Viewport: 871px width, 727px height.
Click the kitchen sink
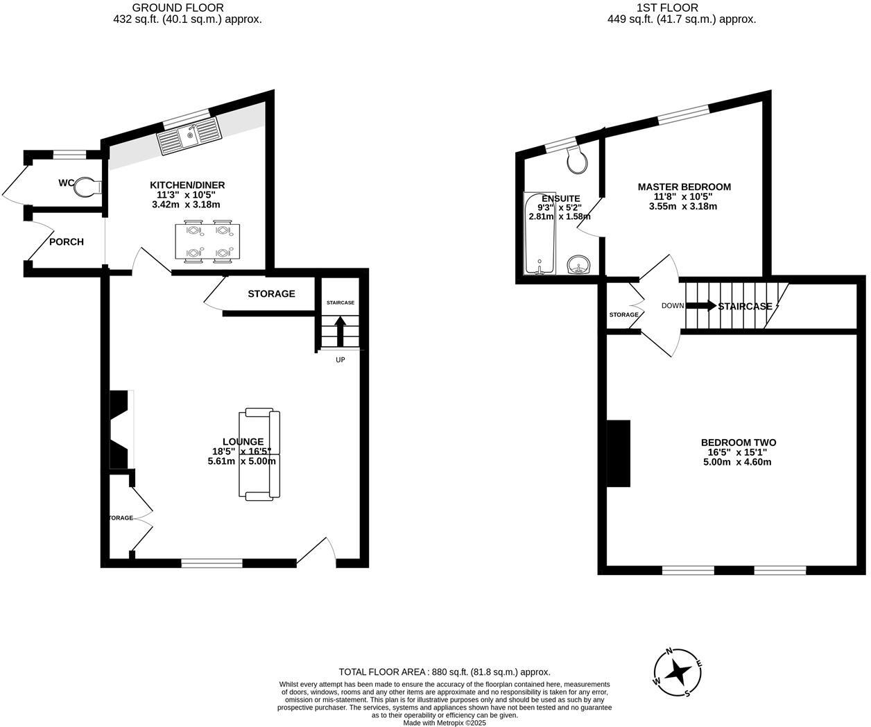[x=189, y=137]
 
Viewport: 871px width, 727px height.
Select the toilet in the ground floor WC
[x=89, y=187]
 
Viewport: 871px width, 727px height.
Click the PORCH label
[x=66, y=242]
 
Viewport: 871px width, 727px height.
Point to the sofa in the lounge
[x=259, y=454]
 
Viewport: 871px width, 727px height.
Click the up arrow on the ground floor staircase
[x=340, y=331]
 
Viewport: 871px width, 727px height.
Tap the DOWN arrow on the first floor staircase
[x=701, y=306]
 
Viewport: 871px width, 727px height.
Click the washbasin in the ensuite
[x=578, y=264]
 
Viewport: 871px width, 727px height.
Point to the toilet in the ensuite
[x=577, y=160]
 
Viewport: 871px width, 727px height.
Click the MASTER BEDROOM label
[x=684, y=187]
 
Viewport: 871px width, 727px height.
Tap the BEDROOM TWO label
[x=738, y=443]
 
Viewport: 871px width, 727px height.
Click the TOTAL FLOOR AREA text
[x=444, y=672]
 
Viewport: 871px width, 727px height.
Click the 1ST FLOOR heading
[x=681, y=8]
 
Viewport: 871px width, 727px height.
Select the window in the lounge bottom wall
[x=212, y=563]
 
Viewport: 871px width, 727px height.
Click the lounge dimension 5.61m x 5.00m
[x=242, y=461]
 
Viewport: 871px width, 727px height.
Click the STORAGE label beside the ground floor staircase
[x=271, y=294]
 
